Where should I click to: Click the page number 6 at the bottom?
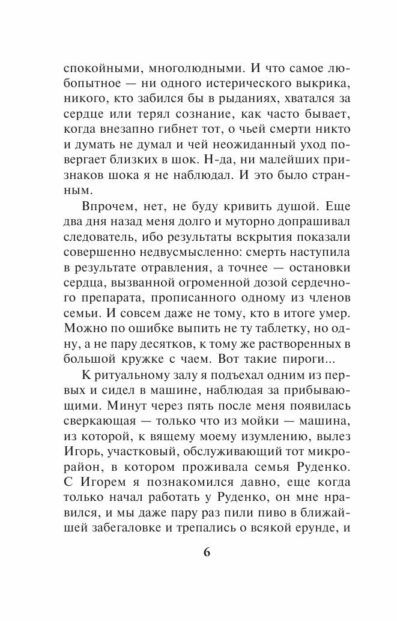tap(206, 554)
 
